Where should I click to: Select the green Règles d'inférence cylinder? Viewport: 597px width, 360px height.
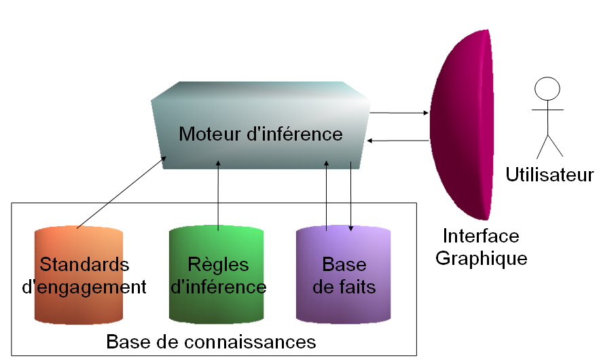[217, 306]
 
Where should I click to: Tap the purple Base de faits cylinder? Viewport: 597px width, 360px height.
[344, 306]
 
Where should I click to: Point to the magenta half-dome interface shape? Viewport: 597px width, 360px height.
[462, 126]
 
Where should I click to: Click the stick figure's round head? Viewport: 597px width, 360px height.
[547, 89]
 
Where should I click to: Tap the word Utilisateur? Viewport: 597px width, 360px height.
[549, 175]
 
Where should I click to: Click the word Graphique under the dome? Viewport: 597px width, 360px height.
[481, 258]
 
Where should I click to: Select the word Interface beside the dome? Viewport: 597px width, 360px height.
[481, 236]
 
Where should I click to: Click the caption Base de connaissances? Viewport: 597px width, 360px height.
[211, 340]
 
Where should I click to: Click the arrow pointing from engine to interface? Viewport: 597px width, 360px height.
[399, 112]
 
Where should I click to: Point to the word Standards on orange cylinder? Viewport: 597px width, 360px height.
[84, 264]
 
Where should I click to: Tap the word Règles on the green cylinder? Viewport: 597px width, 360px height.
[218, 264]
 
